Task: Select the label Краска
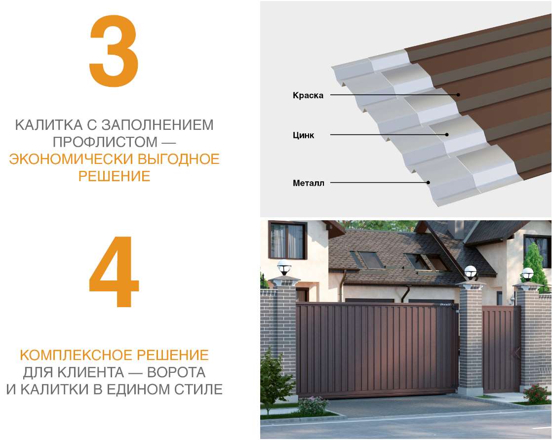[x=308, y=95]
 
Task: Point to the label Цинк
[x=303, y=135]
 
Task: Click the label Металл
[x=309, y=184]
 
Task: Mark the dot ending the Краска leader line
[x=458, y=94]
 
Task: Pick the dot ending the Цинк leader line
[x=447, y=134]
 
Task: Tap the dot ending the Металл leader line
[x=429, y=183]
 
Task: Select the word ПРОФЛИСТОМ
[x=100, y=142]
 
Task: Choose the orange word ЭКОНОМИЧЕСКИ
[x=64, y=159]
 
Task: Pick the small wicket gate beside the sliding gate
[x=501, y=349]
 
